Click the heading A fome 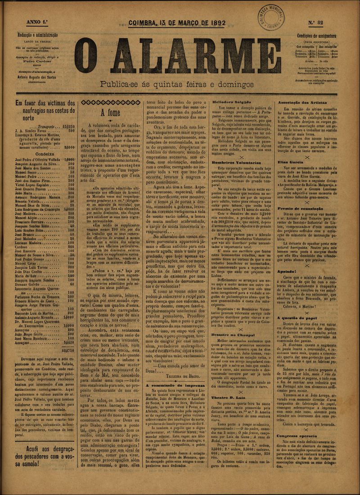(110, 112)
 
